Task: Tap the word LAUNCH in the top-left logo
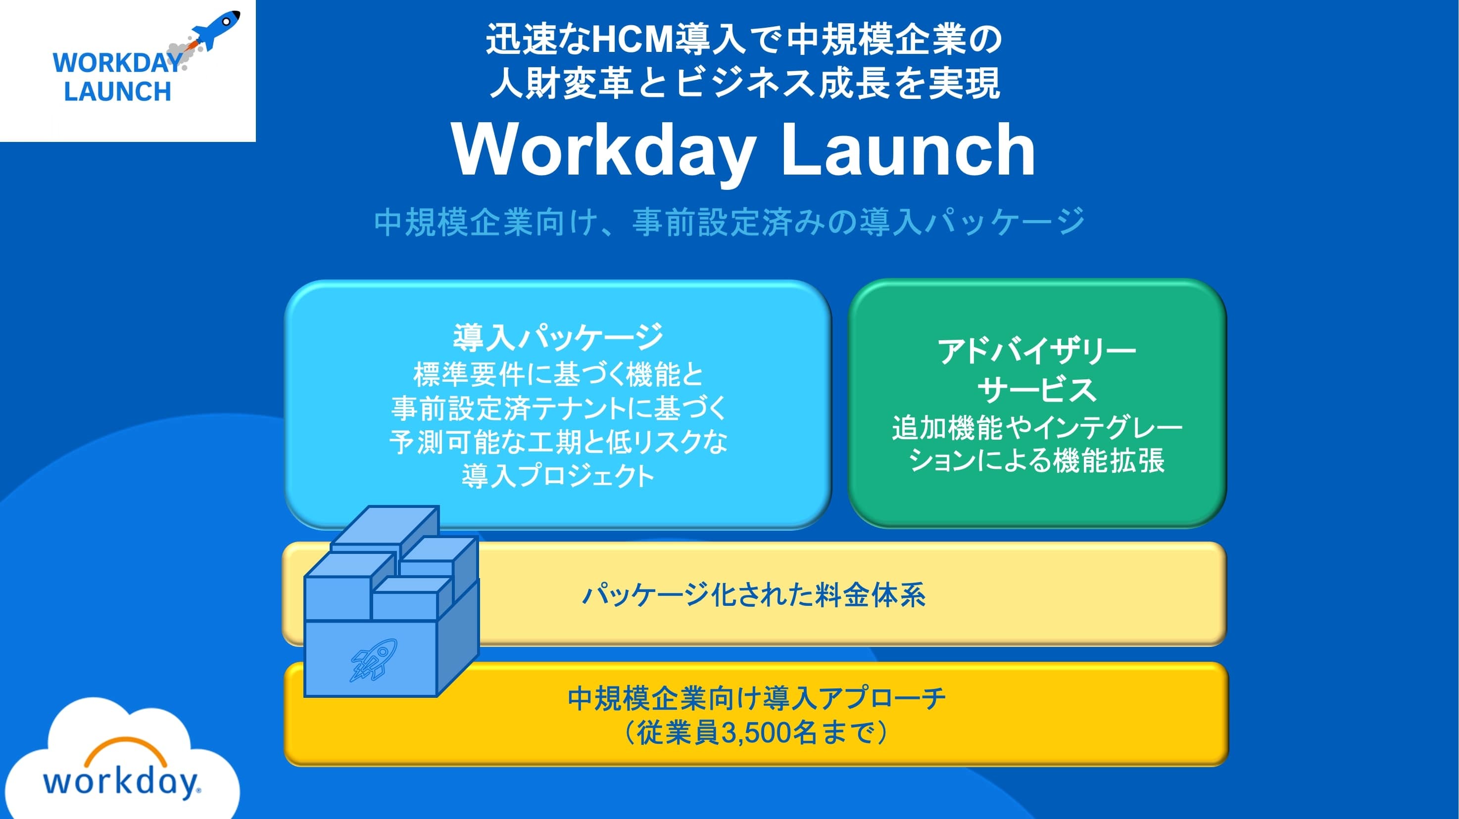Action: (117, 91)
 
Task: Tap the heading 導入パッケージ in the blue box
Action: (558, 337)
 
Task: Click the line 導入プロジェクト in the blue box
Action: (558, 475)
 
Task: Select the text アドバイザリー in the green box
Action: (1037, 351)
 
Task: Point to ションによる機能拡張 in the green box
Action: (1037, 460)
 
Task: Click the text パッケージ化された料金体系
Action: (754, 595)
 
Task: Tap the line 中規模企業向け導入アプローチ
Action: (757, 698)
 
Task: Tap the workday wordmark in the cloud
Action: (122, 782)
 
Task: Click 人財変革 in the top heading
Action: (561, 83)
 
